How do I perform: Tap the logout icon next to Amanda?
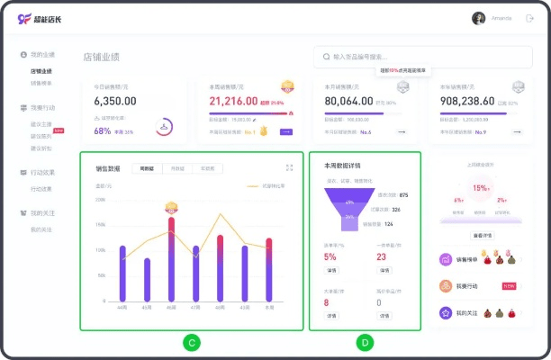[x=529, y=18]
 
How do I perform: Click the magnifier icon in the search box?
[x=325, y=57]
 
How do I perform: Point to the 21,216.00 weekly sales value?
[x=233, y=102]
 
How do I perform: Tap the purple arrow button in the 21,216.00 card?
[x=287, y=132]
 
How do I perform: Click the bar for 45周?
[x=147, y=279]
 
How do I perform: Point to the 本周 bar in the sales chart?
[x=268, y=269]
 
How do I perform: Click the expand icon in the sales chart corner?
[x=289, y=167]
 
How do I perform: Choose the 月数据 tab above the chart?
[x=178, y=168]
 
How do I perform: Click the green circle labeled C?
[x=191, y=342]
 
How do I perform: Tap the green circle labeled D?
[x=364, y=342]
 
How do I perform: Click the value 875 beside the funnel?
[x=403, y=195]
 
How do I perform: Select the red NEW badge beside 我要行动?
[x=509, y=285]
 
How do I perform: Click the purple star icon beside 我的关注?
[x=445, y=312]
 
